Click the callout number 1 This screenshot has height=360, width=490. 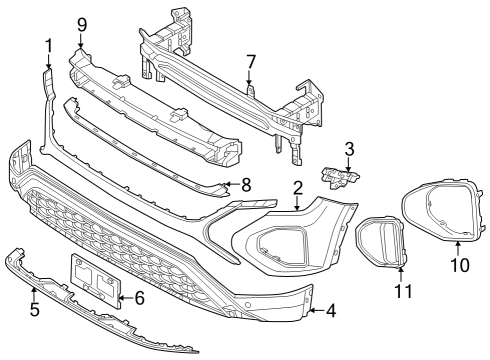point(49,46)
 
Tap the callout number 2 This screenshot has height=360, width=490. point(298,188)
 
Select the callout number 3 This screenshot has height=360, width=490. point(349,149)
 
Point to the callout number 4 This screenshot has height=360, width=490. point(331,311)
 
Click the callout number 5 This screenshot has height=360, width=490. point(35,309)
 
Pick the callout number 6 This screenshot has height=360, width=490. point(139,298)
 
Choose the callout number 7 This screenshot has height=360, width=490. point(251,62)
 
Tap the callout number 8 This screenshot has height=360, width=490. point(246,185)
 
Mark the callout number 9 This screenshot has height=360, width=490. point(82,25)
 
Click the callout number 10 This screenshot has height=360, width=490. point(460,265)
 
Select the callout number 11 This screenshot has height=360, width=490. point(403,291)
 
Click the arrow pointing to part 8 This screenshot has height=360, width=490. point(232,184)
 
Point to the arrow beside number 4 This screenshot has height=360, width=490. point(316,311)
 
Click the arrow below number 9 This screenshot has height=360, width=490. point(81,41)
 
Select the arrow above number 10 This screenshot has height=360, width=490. point(458,248)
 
